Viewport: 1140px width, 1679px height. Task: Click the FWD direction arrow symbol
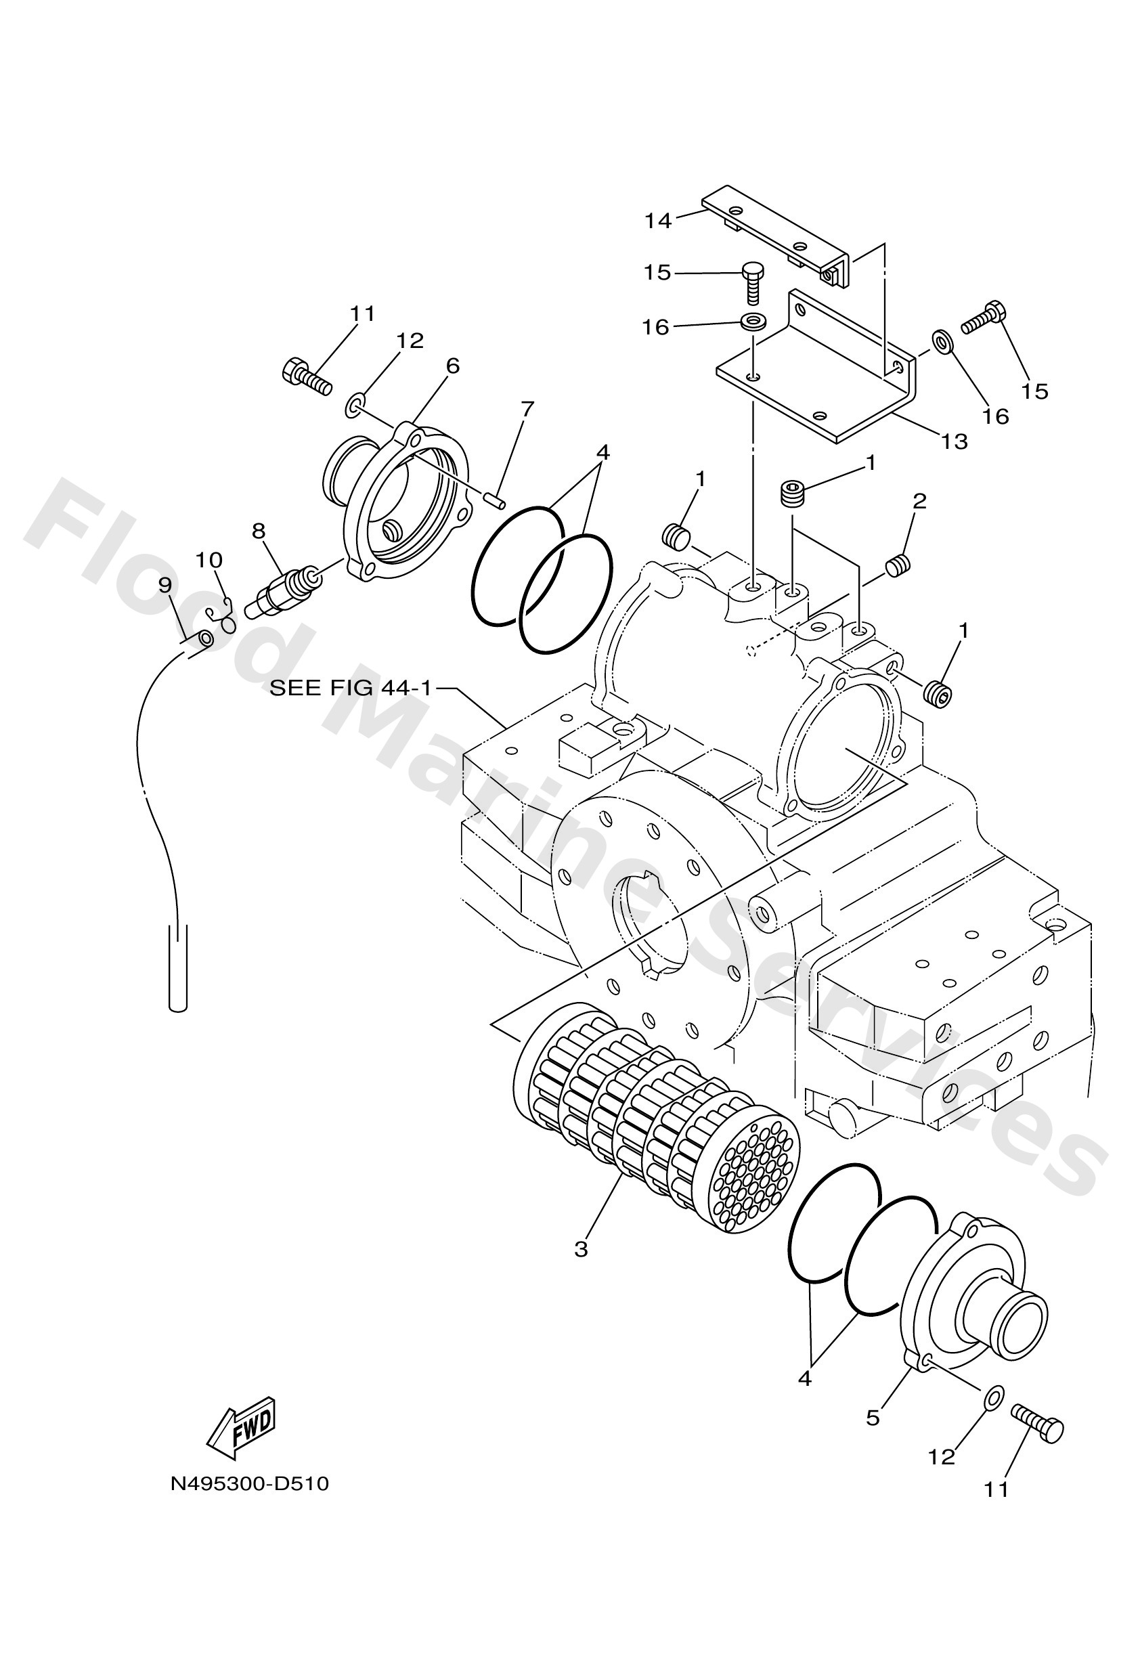tap(240, 1424)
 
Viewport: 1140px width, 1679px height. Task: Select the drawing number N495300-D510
tap(249, 1484)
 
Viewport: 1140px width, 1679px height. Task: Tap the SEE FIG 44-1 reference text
tap(351, 689)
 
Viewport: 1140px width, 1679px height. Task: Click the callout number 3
tap(581, 1249)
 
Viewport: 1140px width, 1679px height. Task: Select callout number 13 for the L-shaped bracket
tap(955, 441)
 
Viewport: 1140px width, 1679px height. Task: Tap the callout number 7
tap(527, 410)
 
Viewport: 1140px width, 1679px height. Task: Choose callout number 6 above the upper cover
tap(452, 366)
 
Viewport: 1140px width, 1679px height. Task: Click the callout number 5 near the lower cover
tap(873, 1418)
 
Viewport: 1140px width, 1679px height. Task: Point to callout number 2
tap(919, 501)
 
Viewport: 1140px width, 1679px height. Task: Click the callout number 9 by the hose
tap(165, 585)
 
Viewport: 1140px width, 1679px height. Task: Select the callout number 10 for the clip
tap(209, 560)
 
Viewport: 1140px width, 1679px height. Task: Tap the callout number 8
tap(259, 531)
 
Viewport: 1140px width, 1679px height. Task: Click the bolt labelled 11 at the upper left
tap(305, 377)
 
